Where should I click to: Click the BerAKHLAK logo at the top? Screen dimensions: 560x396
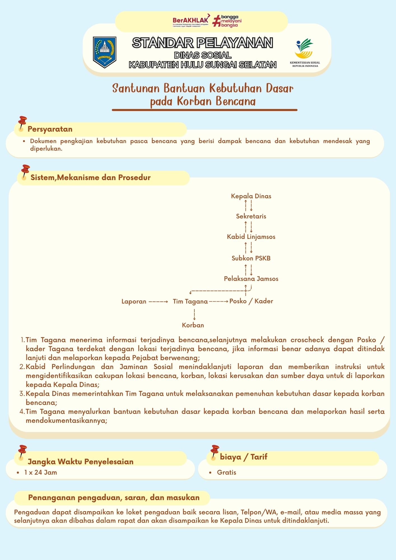[x=190, y=21]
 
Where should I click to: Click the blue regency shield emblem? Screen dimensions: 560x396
[x=104, y=52]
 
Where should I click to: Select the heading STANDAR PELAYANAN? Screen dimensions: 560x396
[x=202, y=43]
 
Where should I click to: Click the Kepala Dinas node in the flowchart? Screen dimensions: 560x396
[x=251, y=196]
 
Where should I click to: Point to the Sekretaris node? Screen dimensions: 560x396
[x=251, y=216]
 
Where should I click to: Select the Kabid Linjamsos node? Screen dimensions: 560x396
[x=251, y=237]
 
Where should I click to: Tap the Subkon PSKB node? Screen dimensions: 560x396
[x=251, y=258]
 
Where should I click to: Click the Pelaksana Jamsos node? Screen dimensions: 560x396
[x=251, y=279]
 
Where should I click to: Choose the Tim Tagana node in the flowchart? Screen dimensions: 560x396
[x=190, y=301]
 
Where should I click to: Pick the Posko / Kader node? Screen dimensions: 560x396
[x=251, y=301]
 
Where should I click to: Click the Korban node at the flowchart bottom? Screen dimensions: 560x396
[x=193, y=325]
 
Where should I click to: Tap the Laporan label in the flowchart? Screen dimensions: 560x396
[x=134, y=301]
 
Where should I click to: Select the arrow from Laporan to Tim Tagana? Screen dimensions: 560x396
[x=158, y=302]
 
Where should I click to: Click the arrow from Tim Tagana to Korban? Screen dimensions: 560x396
[x=194, y=314]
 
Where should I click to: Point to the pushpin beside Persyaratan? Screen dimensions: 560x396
[x=22, y=123]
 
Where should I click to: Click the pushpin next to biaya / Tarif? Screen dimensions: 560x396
[x=214, y=452]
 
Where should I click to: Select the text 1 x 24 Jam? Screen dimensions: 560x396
[x=41, y=472]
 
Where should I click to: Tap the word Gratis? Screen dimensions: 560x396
[x=226, y=472]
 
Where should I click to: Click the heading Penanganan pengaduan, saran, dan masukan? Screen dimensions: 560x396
[x=114, y=498]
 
